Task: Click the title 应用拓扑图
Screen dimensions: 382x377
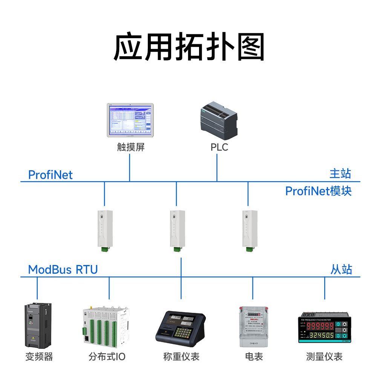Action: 188,47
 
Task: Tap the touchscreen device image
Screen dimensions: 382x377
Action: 130,120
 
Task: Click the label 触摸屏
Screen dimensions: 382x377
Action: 130,147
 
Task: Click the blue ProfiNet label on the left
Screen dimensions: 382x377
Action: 51,175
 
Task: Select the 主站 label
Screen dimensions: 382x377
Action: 340,174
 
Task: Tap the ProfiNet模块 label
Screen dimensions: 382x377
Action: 318,191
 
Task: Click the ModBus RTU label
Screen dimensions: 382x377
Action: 63,270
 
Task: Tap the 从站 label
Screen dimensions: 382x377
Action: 341,270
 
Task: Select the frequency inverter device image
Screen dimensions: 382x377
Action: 38,325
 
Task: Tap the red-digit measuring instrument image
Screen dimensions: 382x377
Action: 325,327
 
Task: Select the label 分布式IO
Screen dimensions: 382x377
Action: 107,356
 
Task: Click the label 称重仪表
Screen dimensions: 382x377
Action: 181,356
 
